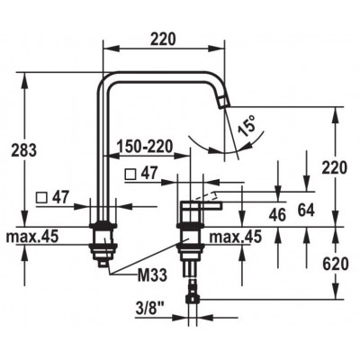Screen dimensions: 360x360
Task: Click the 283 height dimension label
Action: click(x=24, y=150)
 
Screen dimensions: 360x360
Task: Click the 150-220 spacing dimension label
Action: click(x=145, y=147)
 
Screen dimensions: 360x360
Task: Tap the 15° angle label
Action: click(x=247, y=125)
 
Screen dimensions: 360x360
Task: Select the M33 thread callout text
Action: click(x=152, y=274)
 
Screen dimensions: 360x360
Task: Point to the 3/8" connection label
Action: click(x=150, y=308)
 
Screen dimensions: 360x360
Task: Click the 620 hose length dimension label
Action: click(x=336, y=264)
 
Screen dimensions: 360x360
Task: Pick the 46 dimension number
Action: click(x=277, y=215)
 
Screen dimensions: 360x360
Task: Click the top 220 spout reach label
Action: click(x=163, y=40)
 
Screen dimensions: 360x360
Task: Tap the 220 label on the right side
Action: click(x=334, y=168)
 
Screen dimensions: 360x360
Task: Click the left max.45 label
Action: click(x=32, y=237)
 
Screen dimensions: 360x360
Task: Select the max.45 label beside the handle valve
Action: click(x=236, y=238)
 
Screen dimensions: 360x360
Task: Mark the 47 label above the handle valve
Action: click(x=149, y=174)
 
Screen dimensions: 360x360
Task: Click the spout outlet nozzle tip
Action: click(x=222, y=103)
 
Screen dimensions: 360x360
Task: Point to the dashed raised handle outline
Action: click(x=204, y=195)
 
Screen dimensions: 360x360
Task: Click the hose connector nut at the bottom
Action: click(x=193, y=299)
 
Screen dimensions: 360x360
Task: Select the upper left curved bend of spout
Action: click(x=104, y=80)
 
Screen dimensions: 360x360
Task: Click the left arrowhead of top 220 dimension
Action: click(x=111, y=47)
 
